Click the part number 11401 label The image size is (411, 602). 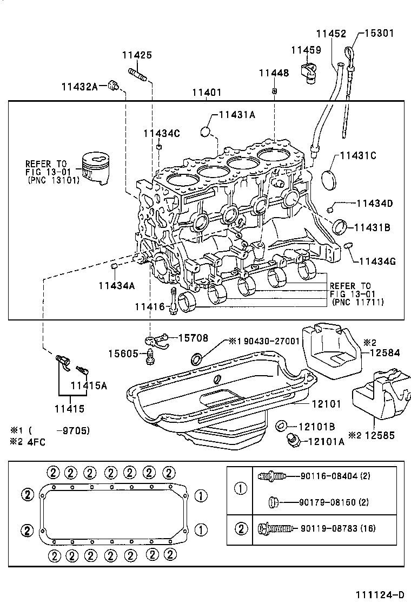click(206, 93)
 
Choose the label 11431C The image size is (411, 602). click(358, 156)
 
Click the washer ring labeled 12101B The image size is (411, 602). click(281, 426)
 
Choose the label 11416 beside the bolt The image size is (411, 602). click(150, 307)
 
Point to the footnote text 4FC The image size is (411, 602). click(35, 441)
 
